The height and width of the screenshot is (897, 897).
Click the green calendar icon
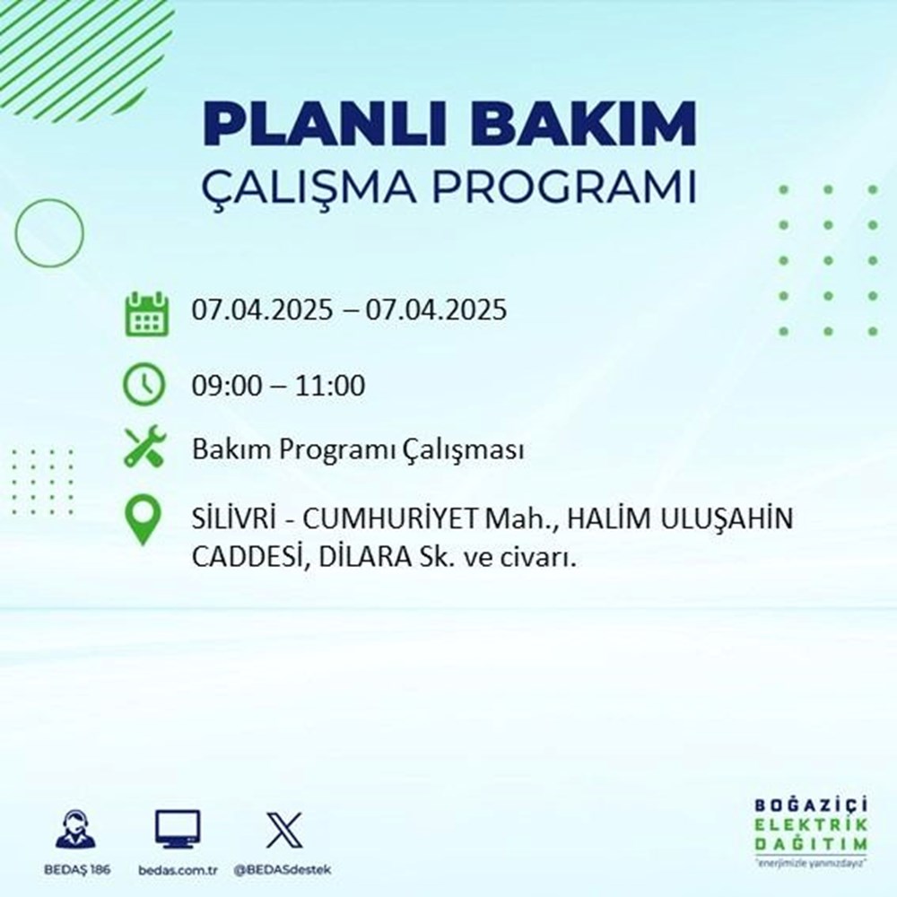(144, 313)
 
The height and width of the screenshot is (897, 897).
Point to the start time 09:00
(225, 387)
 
